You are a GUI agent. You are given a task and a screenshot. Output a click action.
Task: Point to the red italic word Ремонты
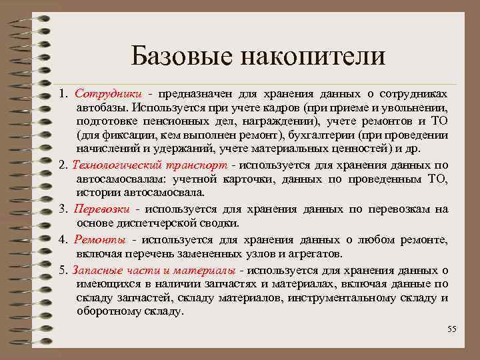pyautogui.click(x=98, y=240)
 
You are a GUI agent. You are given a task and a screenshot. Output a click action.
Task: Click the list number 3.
pyautogui.click(x=63, y=209)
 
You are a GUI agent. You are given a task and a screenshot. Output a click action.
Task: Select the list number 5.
pyautogui.click(x=63, y=270)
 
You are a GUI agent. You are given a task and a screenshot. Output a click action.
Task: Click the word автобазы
pyautogui.click(x=101, y=107)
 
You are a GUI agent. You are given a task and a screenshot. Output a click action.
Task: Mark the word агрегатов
pyautogui.click(x=310, y=254)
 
